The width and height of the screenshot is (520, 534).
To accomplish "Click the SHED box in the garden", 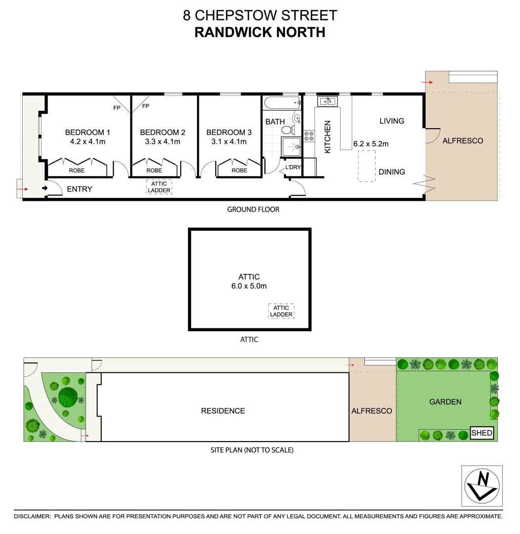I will coord(481,433).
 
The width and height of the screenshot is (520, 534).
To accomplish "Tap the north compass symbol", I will coord(482,486).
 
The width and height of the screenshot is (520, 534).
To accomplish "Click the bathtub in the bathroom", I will coord(282,104).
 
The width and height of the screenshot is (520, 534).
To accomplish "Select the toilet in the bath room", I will coord(287,130).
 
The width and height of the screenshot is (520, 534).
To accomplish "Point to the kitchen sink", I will coord(327,101).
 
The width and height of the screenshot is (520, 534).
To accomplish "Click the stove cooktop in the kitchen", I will coord(309,136).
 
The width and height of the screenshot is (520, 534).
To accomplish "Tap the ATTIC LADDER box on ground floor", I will coord(159,187).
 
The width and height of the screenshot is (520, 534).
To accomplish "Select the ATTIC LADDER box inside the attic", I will coord(281,311).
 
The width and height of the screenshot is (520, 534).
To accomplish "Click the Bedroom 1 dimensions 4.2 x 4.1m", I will coord(88,141).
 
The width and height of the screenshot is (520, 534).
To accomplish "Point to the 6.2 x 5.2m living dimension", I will coord(371,144).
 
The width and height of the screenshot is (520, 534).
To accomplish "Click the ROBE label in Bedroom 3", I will coord(239,170).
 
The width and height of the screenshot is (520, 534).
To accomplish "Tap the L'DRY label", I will coord(293,167).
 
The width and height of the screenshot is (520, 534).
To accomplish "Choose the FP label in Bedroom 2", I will coord(145,106).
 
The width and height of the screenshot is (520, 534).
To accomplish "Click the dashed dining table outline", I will coord(366,166).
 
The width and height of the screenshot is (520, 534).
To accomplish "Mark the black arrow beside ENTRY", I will coord(44,188).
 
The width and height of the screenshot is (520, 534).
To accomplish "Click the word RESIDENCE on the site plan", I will coord(223,410).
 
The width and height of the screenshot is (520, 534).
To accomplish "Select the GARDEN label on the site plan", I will coord(445,402).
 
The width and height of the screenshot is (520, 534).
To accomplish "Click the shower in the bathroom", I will coord(292,147).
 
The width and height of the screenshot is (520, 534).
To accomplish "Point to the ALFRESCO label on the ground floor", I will coord(463,140).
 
